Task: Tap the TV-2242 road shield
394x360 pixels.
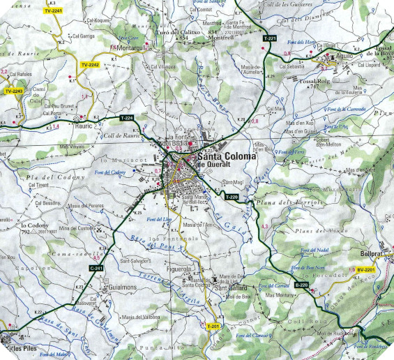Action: [x=90, y=65]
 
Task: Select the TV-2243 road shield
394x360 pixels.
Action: [x=14, y=91]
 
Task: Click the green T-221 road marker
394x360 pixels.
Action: [x=271, y=37]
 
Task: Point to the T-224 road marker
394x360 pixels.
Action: [x=126, y=118]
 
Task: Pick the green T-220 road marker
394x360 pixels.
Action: [x=232, y=198]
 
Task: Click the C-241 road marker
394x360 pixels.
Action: [x=96, y=268]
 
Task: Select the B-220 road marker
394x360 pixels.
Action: [x=301, y=285]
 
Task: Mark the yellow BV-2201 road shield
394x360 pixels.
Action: [x=365, y=269]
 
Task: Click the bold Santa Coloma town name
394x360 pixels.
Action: [x=227, y=158]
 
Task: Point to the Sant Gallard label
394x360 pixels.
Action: [x=227, y=287]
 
